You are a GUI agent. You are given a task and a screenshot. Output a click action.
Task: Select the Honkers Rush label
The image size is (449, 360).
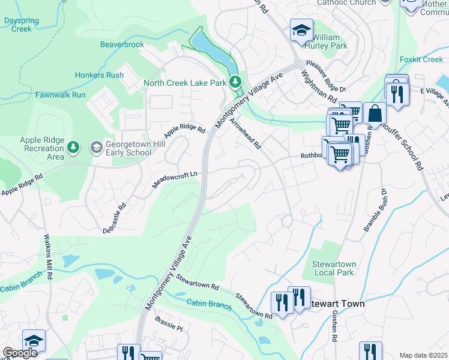coord(99,75)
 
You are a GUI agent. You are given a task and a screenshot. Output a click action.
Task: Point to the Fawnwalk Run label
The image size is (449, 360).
coord(60,95)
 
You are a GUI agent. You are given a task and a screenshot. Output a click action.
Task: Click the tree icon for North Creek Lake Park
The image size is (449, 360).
coord(236,81)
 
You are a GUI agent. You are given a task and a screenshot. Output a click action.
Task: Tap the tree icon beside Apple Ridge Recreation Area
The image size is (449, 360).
coord(73,147)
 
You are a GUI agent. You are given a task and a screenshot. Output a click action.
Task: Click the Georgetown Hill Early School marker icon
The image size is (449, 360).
coord(96,147)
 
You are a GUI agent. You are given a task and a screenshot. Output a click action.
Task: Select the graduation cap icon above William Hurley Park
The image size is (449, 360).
coord(301,29)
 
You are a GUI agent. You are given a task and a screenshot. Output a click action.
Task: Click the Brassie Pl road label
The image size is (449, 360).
coord(168,323)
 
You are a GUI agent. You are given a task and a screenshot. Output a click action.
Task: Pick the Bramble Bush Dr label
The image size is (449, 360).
coord(376,211)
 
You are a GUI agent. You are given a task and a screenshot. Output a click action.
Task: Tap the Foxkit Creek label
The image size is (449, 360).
coord(421,59)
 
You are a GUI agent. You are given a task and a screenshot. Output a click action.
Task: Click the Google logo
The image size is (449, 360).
coord(20,353)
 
